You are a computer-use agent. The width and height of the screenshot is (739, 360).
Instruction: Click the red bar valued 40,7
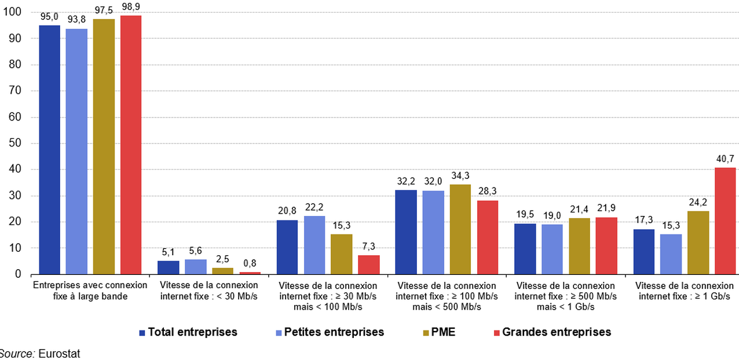726,221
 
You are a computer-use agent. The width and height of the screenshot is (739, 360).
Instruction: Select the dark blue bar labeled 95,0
49,149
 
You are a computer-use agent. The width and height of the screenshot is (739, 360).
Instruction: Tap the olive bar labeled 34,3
459,229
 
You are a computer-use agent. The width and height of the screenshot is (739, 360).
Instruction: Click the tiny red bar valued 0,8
250,273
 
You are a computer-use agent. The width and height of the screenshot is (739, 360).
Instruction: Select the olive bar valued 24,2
698,243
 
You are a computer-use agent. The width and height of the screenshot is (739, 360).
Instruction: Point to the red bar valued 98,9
131,145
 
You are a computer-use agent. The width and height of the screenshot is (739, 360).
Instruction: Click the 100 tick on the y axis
14,12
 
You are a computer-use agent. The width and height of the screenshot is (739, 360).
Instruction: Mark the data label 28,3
487,192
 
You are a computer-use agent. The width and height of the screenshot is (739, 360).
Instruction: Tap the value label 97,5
104,10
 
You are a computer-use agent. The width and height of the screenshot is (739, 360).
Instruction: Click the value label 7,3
368,247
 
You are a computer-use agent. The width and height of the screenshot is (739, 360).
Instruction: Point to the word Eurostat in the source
59,354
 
